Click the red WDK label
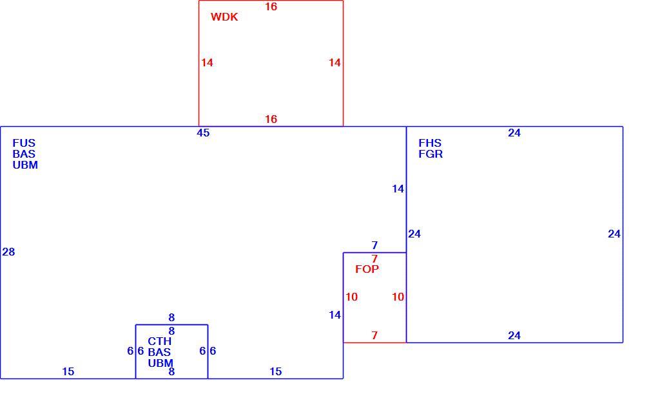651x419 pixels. [224, 17]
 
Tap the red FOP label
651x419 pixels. [367, 270]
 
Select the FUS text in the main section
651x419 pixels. [24, 143]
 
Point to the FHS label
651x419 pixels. [430, 143]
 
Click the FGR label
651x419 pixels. [431, 154]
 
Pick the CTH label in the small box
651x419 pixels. [159, 341]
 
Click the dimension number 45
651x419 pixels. [203, 133]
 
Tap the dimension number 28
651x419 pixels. [8, 252]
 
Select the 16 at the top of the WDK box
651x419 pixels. [271, 6]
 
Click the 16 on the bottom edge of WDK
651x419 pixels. [271, 119]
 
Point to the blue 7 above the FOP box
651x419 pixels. [375, 245]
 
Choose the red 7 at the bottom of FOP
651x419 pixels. [375, 335]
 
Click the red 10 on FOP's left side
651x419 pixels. [352, 297]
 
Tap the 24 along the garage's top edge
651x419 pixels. [514, 133]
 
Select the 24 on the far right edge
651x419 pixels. [614, 234]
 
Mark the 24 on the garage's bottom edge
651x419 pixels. [514, 335]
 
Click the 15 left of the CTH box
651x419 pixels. [68, 372]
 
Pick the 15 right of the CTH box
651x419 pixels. [276, 372]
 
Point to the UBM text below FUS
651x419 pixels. [25, 165]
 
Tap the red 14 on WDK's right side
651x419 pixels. [335, 62]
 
